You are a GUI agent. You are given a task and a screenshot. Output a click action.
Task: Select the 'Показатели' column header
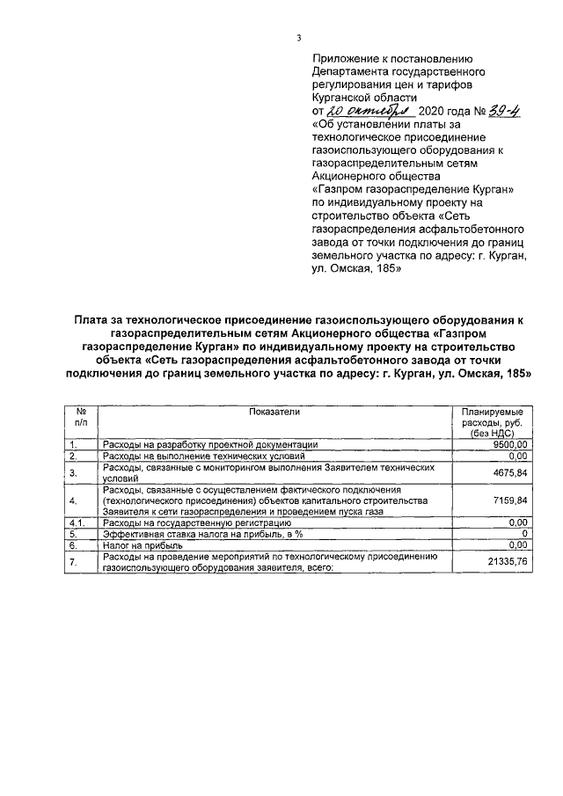click(x=274, y=411)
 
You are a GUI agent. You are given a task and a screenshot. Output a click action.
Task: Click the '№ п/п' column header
click(x=80, y=417)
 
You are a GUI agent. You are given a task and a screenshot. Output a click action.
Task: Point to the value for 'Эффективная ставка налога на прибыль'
click(x=524, y=534)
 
